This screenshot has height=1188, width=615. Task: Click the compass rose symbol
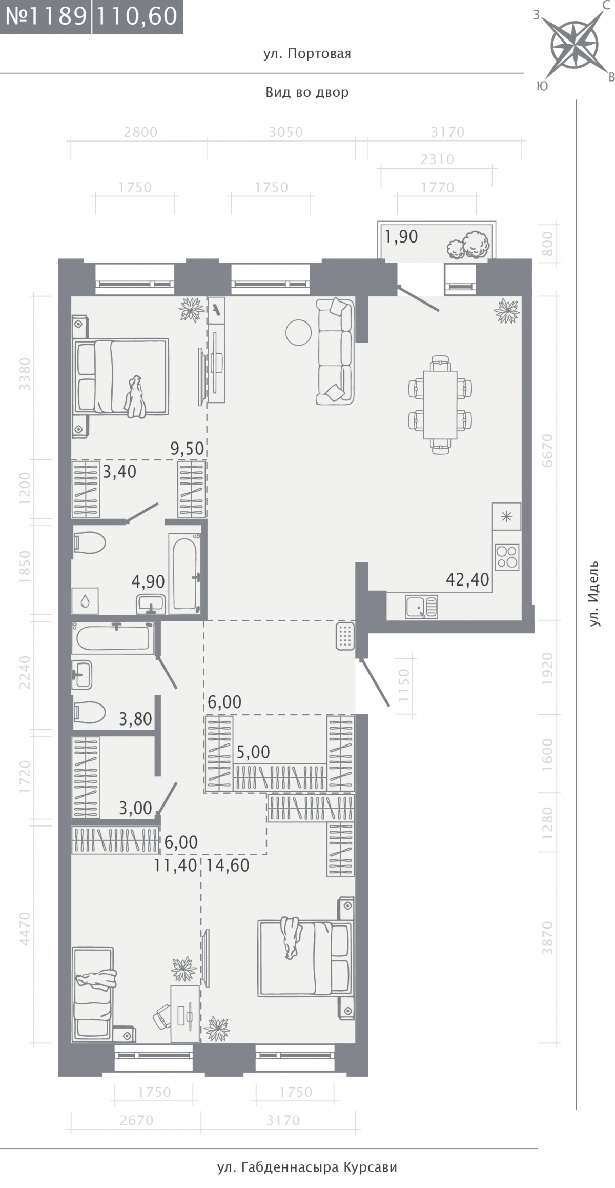pyautogui.click(x=574, y=45)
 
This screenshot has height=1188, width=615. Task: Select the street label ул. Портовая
pyautogui.click(x=307, y=54)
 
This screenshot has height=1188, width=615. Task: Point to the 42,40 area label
pyautogui.click(x=467, y=579)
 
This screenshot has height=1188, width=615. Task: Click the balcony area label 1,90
pyautogui.click(x=401, y=236)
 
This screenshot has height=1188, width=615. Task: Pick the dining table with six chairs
pyautogui.click(x=440, y=405)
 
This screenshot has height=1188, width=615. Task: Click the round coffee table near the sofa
pyautogui.click(x=298, y=332)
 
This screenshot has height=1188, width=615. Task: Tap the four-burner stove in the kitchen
pyautogui.click(x=507, y=557)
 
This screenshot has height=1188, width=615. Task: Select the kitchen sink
pyautogui.click(x=421, y=607)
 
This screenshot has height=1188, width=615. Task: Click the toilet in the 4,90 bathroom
pyautogui.click(x=89, y=543)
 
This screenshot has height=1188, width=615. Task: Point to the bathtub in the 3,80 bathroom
pyautogui.click(x=113, y=638)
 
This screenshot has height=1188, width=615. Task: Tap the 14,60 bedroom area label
pyautogui.click(x=228, y=865)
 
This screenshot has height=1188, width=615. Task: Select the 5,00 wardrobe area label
pyautogui.click(x=253, y=752)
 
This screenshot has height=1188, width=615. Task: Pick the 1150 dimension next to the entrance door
pyautogui.click(x=404, y=686)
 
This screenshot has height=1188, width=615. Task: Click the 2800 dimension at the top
pyautogui.click(x=140, y=132)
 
